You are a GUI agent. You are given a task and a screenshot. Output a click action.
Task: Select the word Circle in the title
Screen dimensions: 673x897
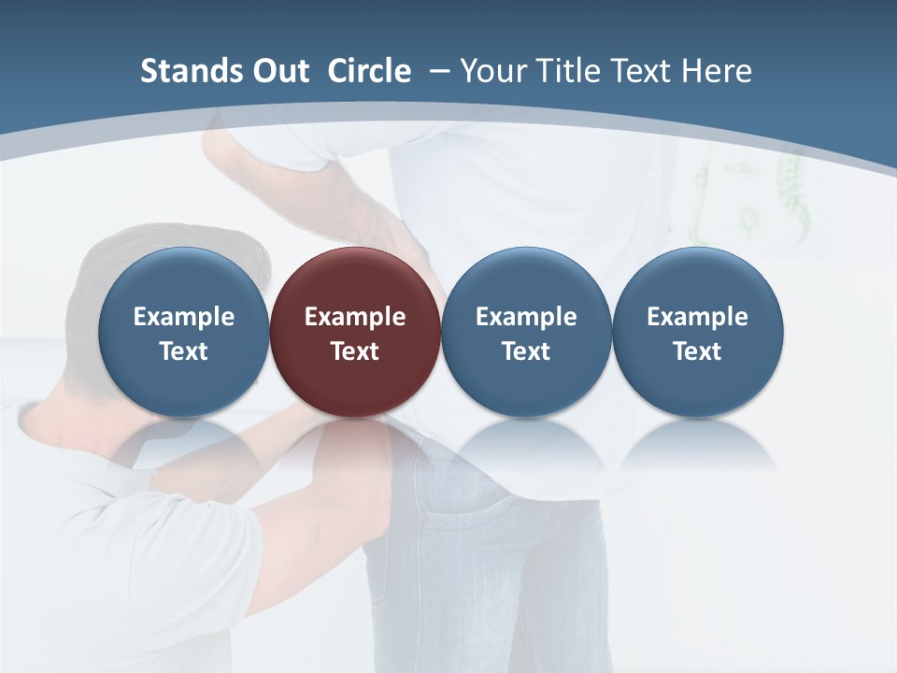pyautogui.click(x=369, y=71)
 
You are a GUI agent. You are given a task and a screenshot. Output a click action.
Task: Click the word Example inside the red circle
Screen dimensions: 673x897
pyautogui.click(x=355, y=317)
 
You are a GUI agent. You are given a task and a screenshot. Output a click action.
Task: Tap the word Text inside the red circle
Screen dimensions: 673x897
pyautogui.click(x=355, y=351)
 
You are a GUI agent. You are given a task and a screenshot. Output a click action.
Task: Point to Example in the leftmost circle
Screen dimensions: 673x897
pyautogui.click(x=183, y=317)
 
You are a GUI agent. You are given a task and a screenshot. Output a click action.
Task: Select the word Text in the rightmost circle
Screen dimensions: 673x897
pyautogui.click(x=697, y=351)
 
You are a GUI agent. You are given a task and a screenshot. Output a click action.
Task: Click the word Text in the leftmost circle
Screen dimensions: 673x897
pyautogui.click(x=183, y=351)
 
